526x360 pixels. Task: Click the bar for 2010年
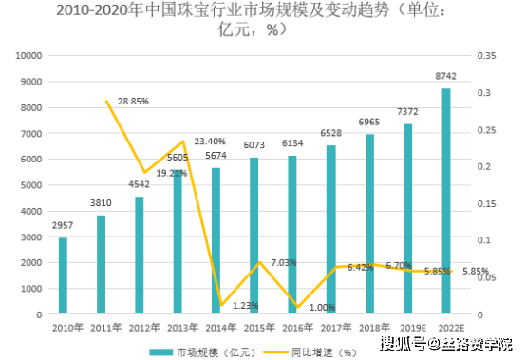click(x=63, y=275)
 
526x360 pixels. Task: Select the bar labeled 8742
click(x=446, y=200)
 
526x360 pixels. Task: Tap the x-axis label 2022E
click(x=446, y=327)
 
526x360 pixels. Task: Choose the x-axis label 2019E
click(x=408, y=327)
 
